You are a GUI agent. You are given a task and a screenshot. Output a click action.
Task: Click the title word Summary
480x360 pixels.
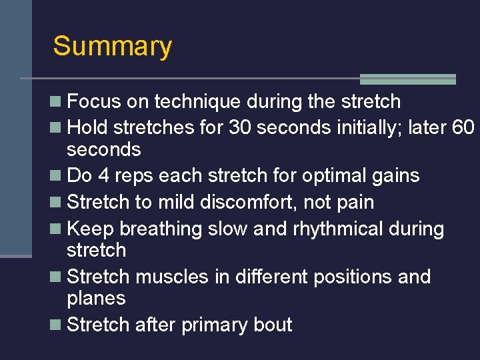(x=112, y=47)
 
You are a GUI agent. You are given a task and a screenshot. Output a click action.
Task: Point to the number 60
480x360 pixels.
(x=462, y=127)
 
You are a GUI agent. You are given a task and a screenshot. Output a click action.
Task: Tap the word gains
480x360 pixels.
(x=396, y=176)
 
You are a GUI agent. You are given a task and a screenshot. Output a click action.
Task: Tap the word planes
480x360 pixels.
(x=97, y=298)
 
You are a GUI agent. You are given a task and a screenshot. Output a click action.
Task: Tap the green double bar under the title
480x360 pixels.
(x=407, y=79)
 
